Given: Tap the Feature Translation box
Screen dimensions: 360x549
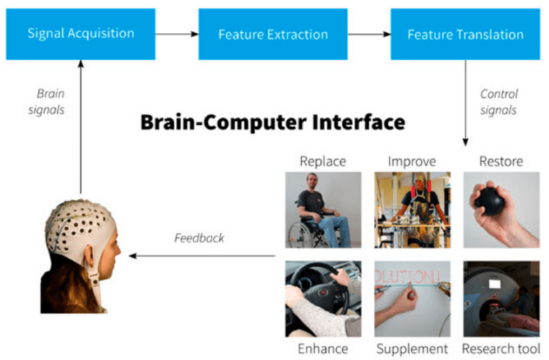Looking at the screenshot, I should (x=465, y=34).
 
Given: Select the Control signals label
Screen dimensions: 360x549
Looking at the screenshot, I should (x=498, y=101).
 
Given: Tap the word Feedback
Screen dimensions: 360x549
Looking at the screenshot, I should (x=199, y=237).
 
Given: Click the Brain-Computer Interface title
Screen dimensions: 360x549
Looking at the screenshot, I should (x=272, y=123).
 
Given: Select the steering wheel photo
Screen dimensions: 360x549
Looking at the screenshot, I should (x=322, y=299).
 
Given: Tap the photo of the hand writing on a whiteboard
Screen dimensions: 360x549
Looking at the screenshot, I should (x=412, y=299).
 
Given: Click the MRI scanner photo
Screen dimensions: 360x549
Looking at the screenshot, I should (x=501, y=299).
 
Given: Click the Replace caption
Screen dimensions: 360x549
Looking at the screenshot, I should (x=322, y=160).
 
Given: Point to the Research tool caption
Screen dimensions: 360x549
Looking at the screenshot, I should (x=501, y=349).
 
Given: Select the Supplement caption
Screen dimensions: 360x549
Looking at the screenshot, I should (x=412, y=349).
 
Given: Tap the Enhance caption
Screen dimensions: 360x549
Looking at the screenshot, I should (x=322, y=349).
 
